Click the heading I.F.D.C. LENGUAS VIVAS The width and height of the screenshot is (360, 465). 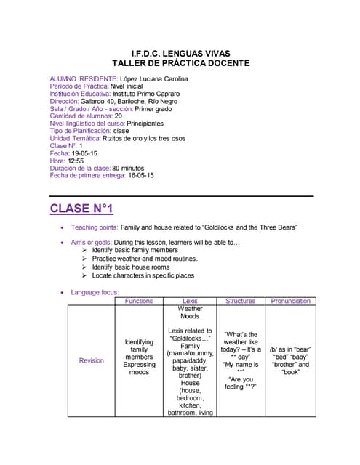[x=180, y=53]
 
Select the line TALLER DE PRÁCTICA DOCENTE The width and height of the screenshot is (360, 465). [x=180, y=63]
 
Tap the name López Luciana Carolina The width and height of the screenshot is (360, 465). [x=158, y=78]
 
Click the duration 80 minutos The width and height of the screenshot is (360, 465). [x=137, y=169]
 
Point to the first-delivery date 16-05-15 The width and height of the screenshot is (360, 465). [x=141, y=176]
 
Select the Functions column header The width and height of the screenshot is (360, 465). [x=139, y=301]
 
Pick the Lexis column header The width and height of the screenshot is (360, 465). [x=190, y=301]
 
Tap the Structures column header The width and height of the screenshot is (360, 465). [x=240, y=301]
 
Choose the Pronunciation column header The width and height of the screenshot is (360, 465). [x=290, y=301]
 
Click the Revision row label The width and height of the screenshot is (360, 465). [x=91, y=360]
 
